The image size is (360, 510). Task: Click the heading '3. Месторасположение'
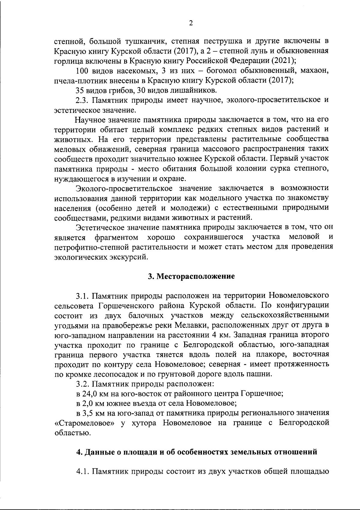(191, 276)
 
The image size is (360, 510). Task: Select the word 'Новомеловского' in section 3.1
(298, 296)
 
